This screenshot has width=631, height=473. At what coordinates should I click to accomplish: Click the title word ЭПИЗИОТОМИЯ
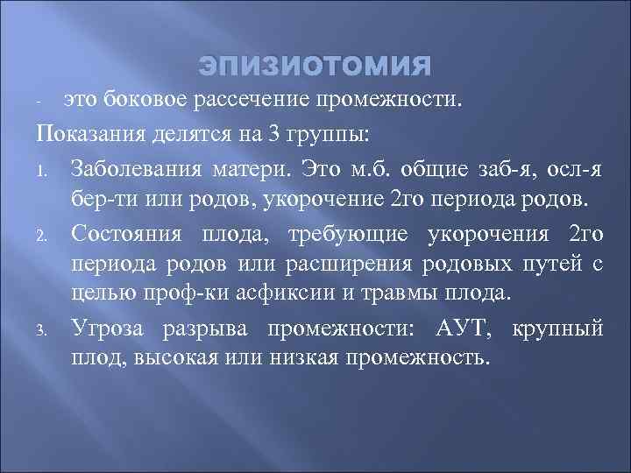click(315, 67)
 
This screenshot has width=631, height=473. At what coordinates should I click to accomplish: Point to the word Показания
click(88, 138)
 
